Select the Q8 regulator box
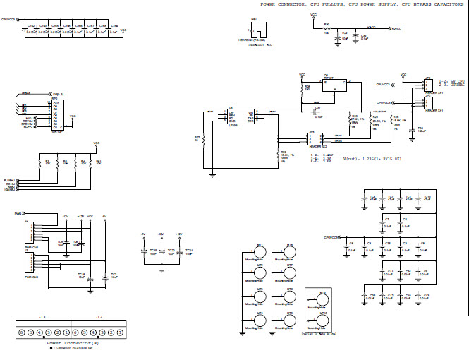[331, 85]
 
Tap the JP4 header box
[312, 139]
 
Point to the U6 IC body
[240, 116]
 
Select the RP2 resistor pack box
[56, 111]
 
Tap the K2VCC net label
[396, 28]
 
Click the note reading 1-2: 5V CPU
[452, 83]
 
